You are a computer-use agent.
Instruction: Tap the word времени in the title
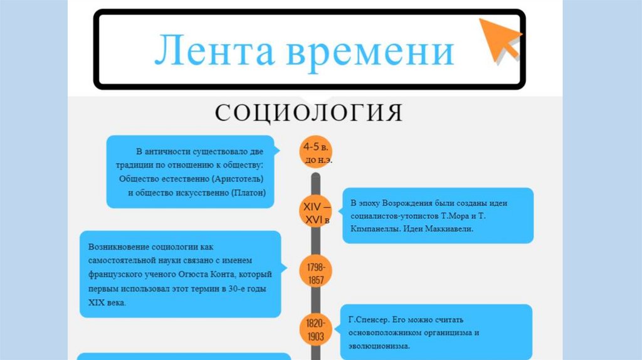[x=370, y=51]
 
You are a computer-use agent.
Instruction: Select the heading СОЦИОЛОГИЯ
[x=308, y=112]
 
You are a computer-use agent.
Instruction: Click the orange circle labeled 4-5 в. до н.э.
[x=316, y=152]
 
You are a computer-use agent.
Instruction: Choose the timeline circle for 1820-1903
[x=315, y=330]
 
